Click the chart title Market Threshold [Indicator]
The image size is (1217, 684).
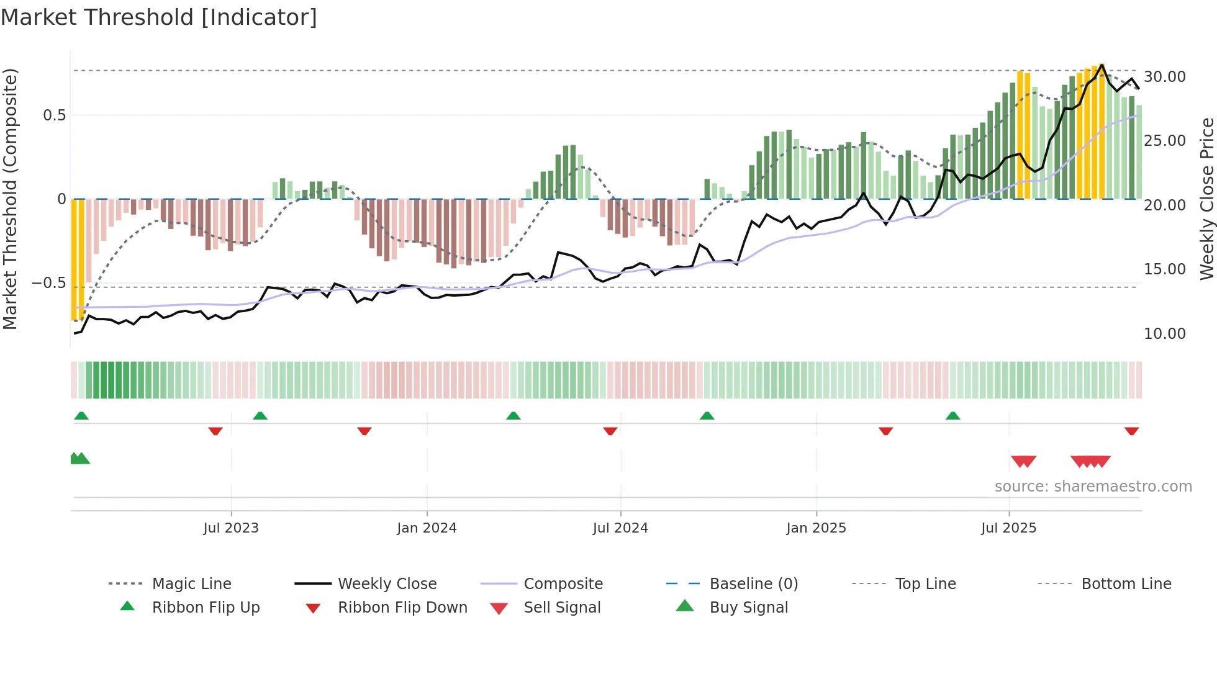159,17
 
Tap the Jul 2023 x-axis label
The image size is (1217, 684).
231,528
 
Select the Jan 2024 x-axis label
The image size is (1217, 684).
427,528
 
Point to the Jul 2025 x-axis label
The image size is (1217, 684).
1008,528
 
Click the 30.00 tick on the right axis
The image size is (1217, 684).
1164,77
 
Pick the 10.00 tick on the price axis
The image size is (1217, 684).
1164,334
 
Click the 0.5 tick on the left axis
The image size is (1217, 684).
54,115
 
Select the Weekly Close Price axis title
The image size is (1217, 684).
1206,199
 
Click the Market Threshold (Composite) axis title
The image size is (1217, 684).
10,199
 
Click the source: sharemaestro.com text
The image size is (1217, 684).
1093,487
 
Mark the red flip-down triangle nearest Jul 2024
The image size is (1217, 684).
610,431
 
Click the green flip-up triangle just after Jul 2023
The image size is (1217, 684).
260,416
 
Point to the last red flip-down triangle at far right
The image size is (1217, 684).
1131,431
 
